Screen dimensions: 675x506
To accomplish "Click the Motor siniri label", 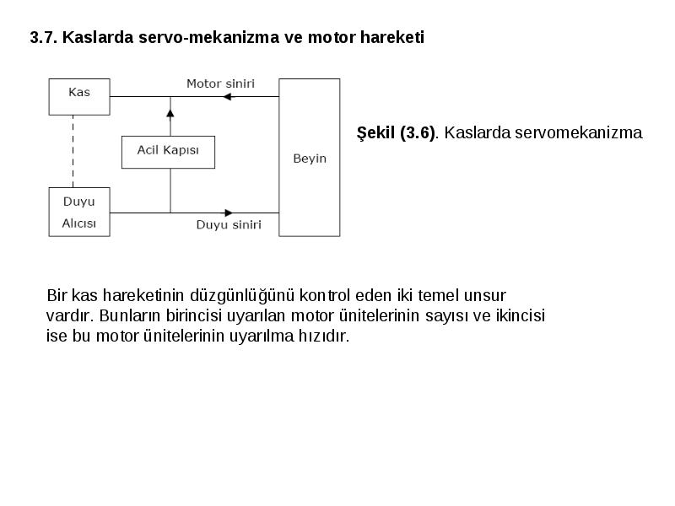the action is tap(220, 83).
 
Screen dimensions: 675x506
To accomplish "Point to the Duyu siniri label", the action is tap(229, 224).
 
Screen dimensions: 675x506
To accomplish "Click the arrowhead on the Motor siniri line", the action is tap(227, 97).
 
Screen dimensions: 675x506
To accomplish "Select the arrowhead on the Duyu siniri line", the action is tap(229, 213).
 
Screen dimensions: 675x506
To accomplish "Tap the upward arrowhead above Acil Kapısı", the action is tap(170, 114).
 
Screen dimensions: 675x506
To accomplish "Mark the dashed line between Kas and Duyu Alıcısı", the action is tap(73, 152).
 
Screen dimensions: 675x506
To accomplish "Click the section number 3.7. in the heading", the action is tap(44, 37).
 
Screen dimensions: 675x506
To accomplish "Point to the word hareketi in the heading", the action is tap(392, 37).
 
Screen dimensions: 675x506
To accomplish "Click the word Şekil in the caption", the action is tap(375, 132).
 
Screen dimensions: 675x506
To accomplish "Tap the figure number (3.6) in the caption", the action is tap(417, 132).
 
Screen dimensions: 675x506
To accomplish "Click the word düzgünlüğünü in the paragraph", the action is tap(242, 296).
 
